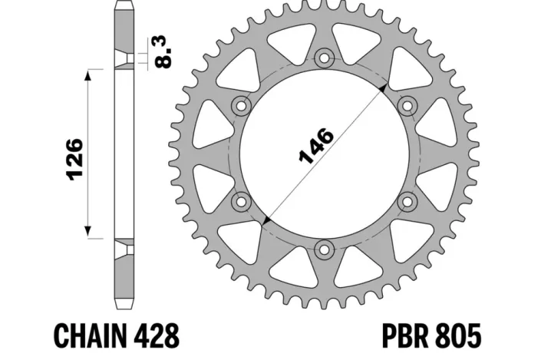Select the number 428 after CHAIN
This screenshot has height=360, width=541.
[x=157, y=335]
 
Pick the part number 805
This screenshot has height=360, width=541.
[x=460, y=335]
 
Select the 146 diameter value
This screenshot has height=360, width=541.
[x=315, y=147]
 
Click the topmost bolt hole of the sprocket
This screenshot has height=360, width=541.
[x=325, y=58]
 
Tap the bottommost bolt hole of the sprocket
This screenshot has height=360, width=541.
[x=325, y=249]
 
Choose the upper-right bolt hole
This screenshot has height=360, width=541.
[x=407, y=105]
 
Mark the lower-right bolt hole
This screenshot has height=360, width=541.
[x=407, y=201]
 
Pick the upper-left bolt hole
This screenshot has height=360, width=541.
[x=242, y=105]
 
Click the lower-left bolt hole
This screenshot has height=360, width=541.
[x=242, y=201]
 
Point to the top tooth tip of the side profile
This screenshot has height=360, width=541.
[x=124, y=5]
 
